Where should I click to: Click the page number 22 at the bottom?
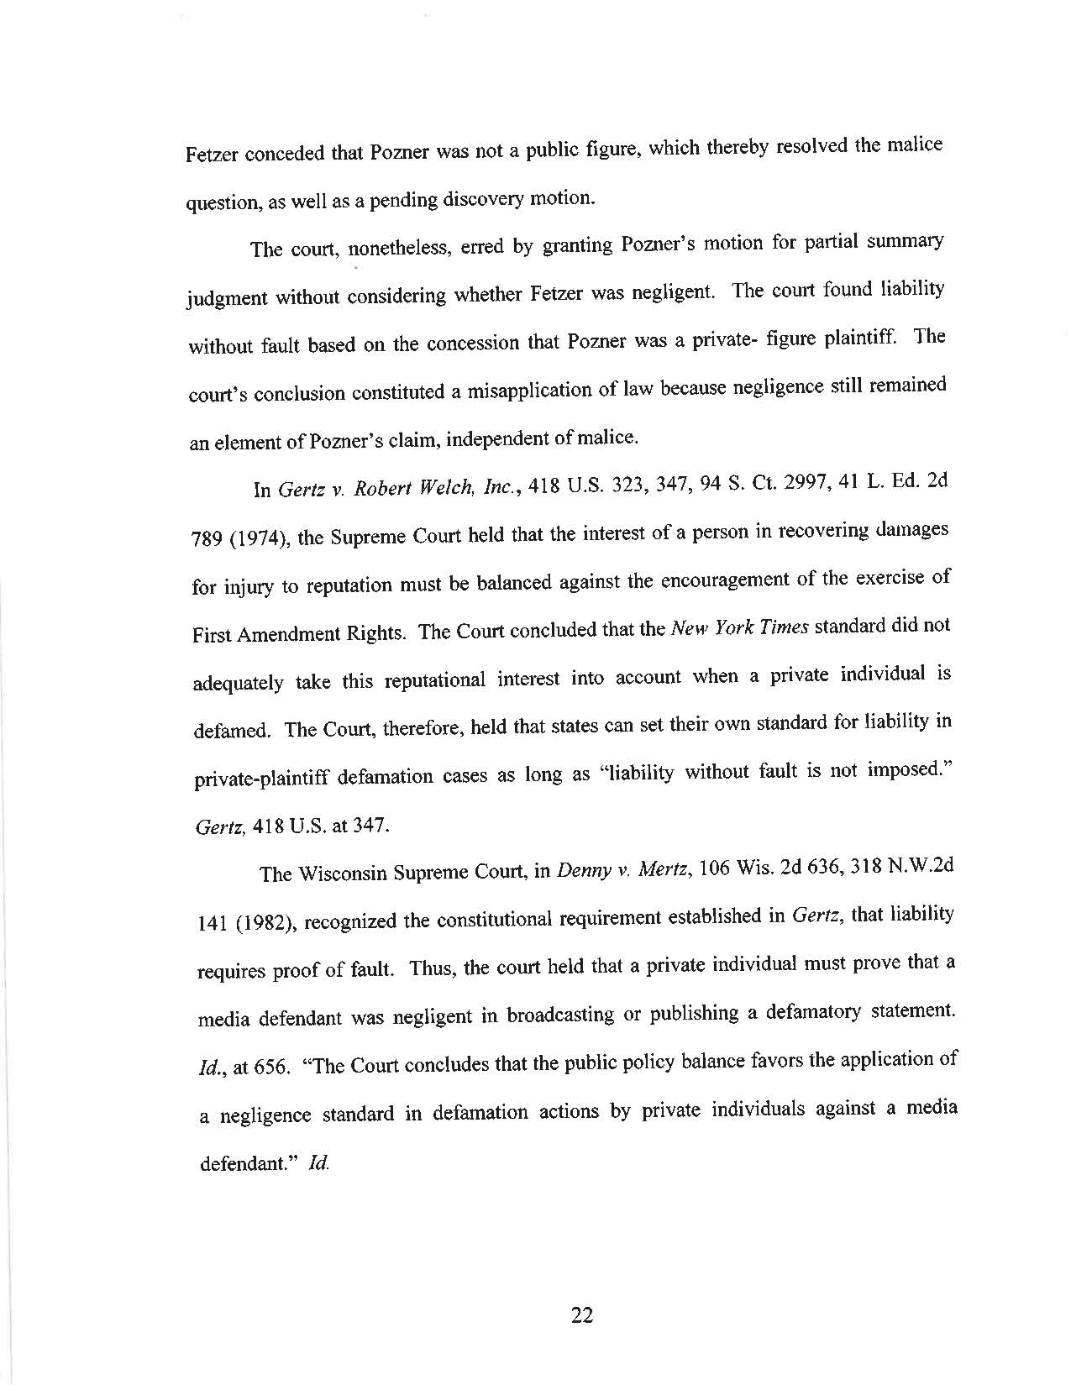click(x=582, y=1315)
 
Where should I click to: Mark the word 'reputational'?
click(x=435, y=679)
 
